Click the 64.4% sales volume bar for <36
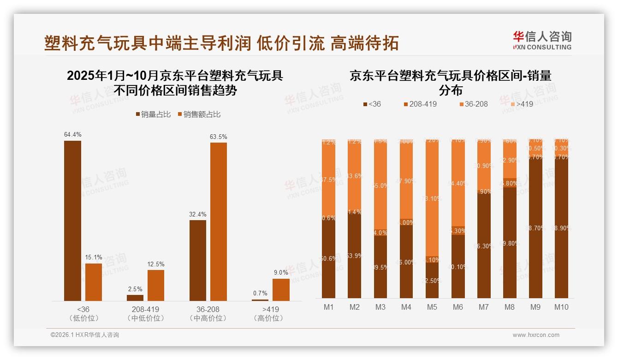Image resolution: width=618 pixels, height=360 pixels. click(72, 221)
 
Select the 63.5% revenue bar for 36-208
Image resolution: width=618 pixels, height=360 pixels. click(219, 222)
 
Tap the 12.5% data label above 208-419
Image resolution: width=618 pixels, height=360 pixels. click(156, 264)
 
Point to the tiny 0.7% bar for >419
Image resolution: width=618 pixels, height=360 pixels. click(260, 300)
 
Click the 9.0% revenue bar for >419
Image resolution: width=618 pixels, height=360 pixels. click(281, 290)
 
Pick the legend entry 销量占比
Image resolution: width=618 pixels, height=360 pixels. click(153, 114)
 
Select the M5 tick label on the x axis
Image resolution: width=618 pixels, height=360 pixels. click(432, 307)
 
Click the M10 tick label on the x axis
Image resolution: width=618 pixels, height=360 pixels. click(561, 307)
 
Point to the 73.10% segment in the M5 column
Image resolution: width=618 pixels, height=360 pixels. click(432, 198)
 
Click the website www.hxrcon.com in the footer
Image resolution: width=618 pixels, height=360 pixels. click(536, 335)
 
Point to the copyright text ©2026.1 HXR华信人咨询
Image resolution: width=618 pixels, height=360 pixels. click(85, 335)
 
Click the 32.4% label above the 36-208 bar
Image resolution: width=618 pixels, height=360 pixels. click(198, 215)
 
